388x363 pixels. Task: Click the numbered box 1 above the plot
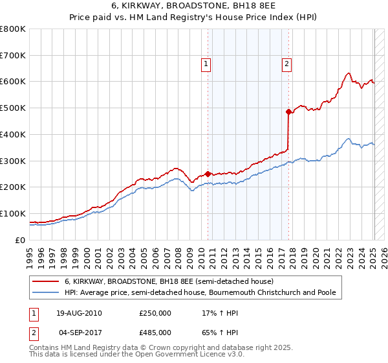(x=206, y=64)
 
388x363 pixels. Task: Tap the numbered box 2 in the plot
(x=286, y=64)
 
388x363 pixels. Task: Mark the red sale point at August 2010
(x=208, y=174)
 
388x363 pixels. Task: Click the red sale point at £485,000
(x=288, y=111)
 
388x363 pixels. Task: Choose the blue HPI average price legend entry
(x=200, y=292)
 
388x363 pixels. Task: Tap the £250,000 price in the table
(x=155, y=313)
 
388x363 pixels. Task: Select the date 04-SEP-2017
(x=80, y=332)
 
